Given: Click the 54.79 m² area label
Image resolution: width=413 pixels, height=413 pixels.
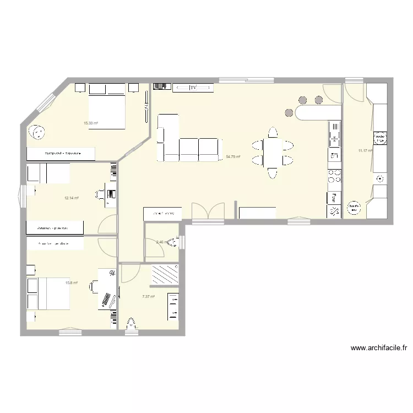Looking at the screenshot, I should [x=233, y=157].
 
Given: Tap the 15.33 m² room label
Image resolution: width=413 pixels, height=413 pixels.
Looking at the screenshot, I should [x=91, y=123].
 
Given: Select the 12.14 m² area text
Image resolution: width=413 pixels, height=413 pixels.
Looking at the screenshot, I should [x=72, y=198].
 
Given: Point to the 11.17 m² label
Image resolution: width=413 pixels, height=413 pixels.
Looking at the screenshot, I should [x=365, y=150].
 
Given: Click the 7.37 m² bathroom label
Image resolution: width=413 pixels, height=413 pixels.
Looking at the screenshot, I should [x=148, y=297].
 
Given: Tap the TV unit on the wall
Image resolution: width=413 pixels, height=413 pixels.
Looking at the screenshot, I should [x=193, y=87].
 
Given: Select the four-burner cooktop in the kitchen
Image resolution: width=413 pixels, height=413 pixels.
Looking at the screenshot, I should [x=334, y=177].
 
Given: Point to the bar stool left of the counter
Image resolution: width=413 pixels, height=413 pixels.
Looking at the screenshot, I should [x=289, y=112].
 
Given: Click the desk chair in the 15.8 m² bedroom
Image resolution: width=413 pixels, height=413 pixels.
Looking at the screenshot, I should [x=94, y=285].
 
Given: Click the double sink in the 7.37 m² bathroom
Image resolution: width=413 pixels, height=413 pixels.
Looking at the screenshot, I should [x=173, y=307].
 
